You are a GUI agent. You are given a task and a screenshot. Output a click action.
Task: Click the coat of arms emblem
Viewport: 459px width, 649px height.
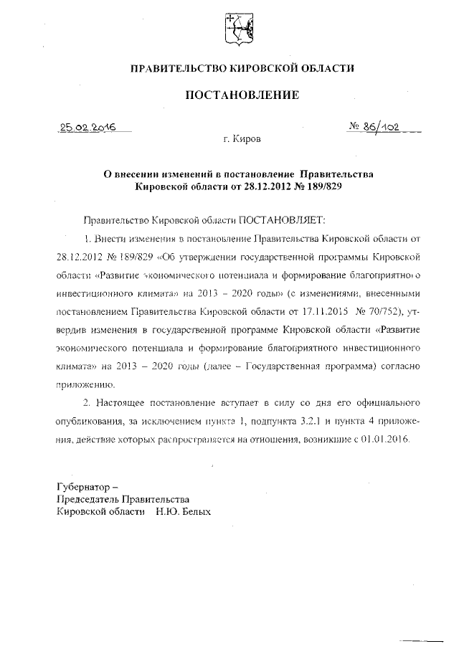click(x=234, y=28)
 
